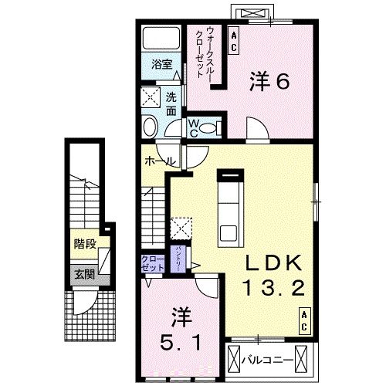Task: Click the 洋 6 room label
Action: coord(269,81)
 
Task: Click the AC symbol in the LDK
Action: coord(305,320)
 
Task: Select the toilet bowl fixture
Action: coord(151,127)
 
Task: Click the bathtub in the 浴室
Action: coord(162,39)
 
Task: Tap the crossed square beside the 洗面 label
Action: coord(150,97)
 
